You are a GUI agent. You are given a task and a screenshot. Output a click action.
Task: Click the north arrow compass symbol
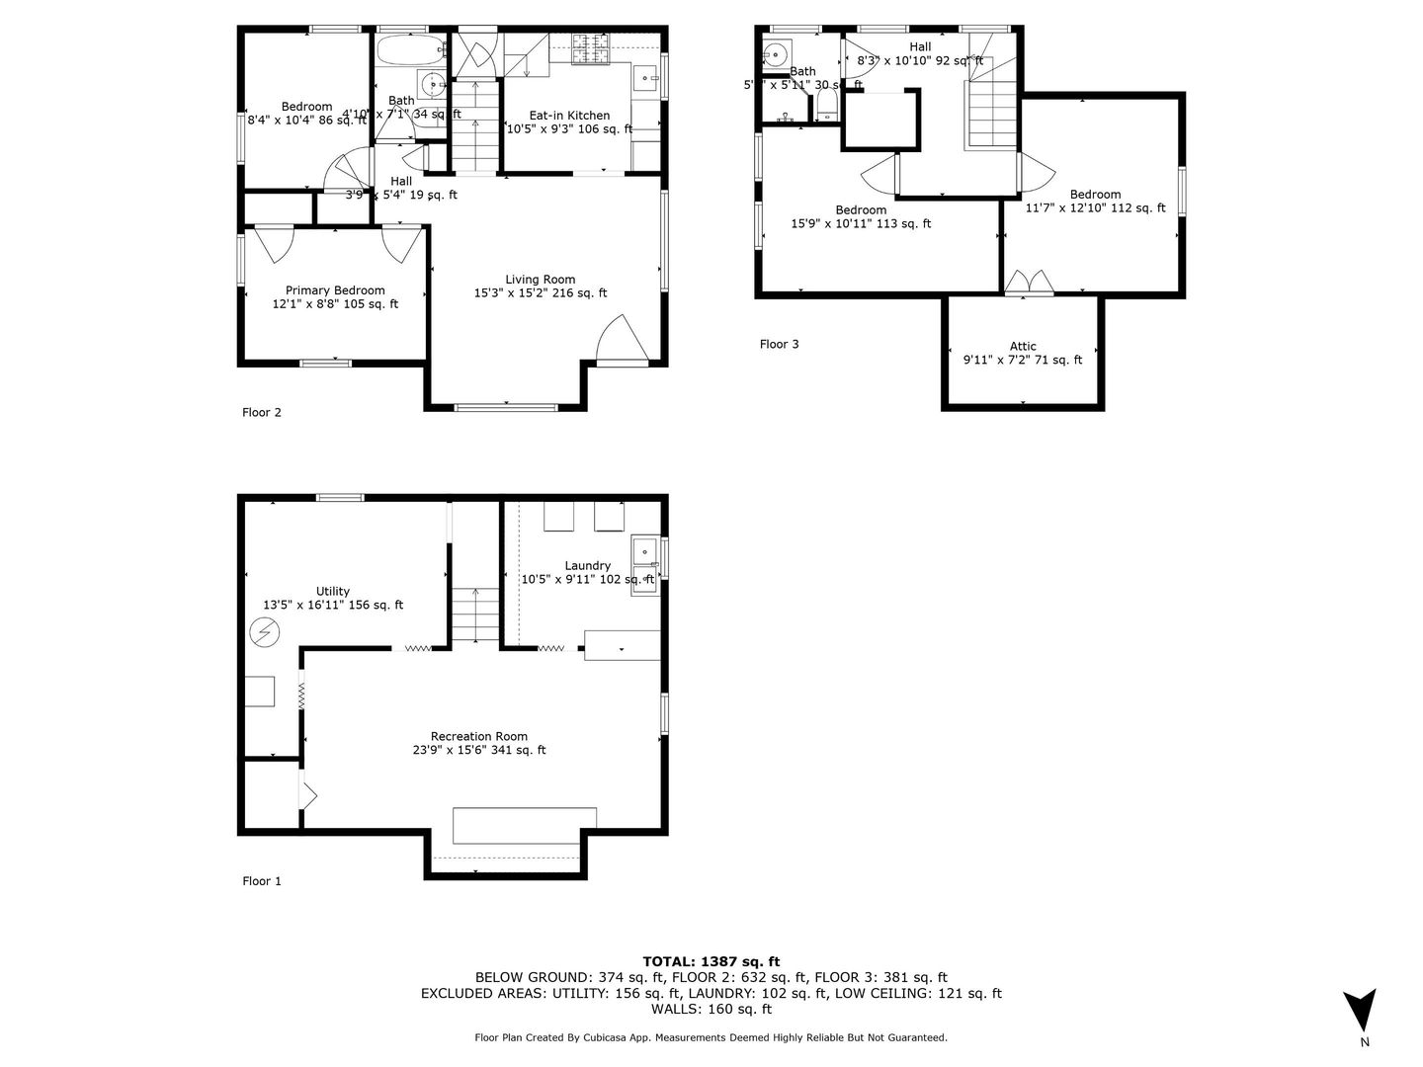tap(1361, 1010)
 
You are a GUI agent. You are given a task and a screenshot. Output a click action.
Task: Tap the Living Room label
tap(540, 280)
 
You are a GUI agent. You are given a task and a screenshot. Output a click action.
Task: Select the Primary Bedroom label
tap(335, 290)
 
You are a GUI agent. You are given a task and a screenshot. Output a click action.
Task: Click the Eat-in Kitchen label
tap(569, 116)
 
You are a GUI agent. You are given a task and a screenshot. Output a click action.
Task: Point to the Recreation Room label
tap(478, 736)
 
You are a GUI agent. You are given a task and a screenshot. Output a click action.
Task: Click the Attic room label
tap(1023, 346)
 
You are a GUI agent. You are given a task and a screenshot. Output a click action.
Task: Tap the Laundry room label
tap(587, 566)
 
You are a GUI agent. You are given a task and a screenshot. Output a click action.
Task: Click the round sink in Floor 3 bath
tap(776, 51)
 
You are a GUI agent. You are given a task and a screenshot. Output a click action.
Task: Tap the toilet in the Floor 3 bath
tap(826, 106)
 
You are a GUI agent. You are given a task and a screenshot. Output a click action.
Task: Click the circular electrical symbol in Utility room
tap(265, 631)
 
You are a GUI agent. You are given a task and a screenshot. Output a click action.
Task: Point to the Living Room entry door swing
tap(622, 340)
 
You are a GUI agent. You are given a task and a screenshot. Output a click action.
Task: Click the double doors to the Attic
tap(1029, 283)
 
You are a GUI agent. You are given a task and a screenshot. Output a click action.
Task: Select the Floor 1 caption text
tap(262, 881)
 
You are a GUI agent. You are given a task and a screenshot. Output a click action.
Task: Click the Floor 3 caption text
tap(779, 344)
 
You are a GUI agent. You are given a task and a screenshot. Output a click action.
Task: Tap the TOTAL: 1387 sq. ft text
tap(711, 961)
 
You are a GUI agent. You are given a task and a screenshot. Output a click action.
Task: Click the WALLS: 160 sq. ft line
tap(711, 1009)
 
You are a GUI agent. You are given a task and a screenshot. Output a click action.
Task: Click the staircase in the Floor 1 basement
tap(476, 615)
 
